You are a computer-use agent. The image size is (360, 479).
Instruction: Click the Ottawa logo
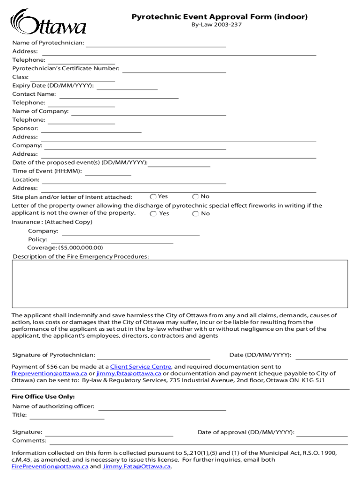tap(48, 22)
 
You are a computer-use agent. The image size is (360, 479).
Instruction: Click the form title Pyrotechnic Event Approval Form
tap(219, 17)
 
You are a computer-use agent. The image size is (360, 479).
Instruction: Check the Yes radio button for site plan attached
tap(153, 197)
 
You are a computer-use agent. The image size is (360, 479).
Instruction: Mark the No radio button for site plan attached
tap(195, 197)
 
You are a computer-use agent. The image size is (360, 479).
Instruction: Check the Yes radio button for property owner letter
tap(153, 214)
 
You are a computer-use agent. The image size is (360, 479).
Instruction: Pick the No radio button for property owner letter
tap(195, 214)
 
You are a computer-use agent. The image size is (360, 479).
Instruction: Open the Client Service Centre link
tap(141, 367)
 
